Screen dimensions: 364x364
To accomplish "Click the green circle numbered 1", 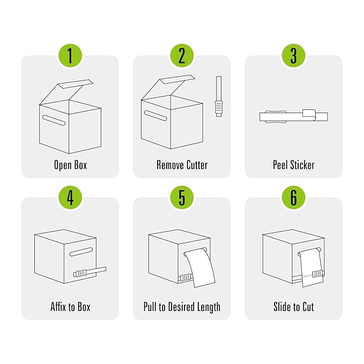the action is [x=70, y=56].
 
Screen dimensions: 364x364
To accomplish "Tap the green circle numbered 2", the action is [x=182, y=56].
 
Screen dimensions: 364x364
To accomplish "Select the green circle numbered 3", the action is [x=293, y=56].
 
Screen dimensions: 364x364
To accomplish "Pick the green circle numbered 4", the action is [x=70, y=198].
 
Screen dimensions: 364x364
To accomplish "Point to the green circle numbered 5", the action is [x=182, y=198].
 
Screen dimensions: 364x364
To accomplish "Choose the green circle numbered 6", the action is [x=293, y=198].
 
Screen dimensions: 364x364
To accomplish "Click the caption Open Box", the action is [x=70, y=165].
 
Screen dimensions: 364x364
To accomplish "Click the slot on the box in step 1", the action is [x=54, y=120].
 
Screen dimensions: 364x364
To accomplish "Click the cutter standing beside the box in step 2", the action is [x=218, y=96].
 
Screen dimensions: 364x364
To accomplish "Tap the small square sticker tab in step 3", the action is [x=309, y=113].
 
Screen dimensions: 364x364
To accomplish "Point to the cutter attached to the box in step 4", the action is [x=90, y=272].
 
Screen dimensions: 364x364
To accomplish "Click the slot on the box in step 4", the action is [x=81, y=251].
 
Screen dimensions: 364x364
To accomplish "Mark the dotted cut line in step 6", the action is [x=307, y=276].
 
